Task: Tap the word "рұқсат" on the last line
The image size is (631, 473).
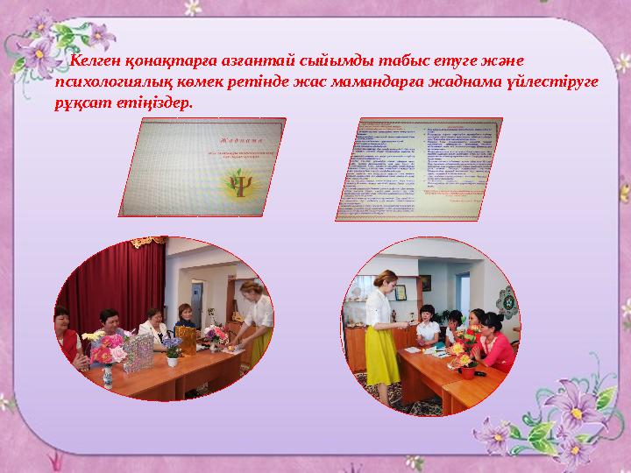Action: click(77, 102)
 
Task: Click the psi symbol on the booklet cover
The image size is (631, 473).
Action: click(236, 186)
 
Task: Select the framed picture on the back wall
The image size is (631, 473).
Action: click(424, 283)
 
